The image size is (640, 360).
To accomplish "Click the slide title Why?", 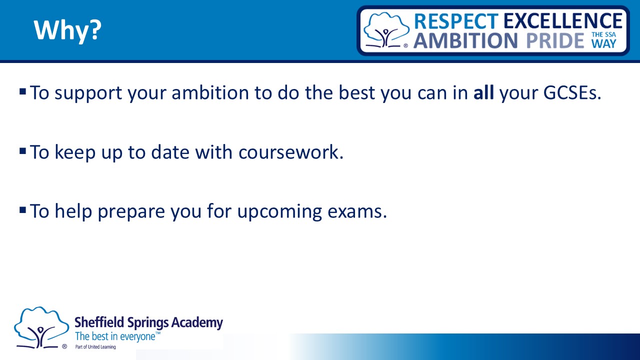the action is (67, 30).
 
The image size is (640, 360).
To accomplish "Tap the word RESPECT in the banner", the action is (456, 21).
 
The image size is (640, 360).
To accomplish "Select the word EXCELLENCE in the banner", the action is (563, 21).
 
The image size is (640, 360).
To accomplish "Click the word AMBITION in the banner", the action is (465, 40).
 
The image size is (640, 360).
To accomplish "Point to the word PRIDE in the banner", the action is (555, 40).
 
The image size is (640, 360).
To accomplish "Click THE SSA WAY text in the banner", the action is (603, 40).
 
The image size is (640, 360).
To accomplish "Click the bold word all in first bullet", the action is (483, 92).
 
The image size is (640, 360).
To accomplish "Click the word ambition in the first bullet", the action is (210, 93).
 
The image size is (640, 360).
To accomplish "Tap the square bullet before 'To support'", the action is (23, 91).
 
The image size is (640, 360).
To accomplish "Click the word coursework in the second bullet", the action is (291, 152).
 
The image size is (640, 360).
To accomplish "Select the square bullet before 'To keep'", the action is (23, 151).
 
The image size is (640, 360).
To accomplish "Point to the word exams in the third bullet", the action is (357, 211).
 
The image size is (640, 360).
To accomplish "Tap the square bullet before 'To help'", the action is (23, 210).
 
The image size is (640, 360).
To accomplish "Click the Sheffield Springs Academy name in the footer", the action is (148, 323).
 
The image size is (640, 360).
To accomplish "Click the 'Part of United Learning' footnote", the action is (95, 347).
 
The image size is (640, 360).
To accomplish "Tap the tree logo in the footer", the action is (41, 327).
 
